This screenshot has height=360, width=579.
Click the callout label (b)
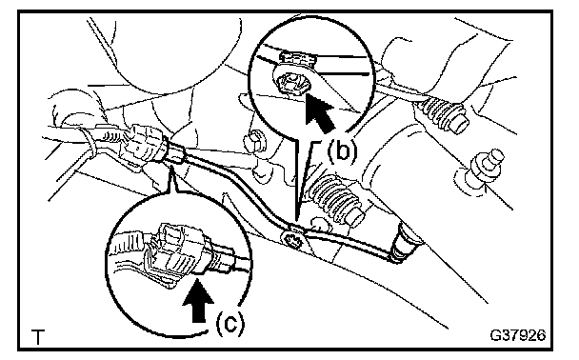342,151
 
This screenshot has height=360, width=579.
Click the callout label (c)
230,324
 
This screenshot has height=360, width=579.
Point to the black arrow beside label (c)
198,301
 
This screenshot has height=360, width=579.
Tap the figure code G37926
518,335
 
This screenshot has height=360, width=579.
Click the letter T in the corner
38,337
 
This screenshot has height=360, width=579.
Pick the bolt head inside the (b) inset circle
293,86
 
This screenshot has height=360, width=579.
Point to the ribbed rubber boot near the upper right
443,115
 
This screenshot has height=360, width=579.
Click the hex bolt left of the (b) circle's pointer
253,141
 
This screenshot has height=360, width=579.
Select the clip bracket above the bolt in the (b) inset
298,59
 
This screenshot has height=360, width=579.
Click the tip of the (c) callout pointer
171,166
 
